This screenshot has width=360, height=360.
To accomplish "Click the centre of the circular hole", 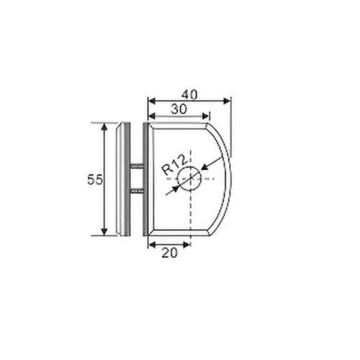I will (x=191, y=178).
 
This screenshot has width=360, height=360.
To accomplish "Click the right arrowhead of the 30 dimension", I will (x=207, y=114).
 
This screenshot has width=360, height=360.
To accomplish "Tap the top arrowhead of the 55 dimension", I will (x=105, y=127).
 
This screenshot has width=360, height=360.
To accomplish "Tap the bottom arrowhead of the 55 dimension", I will (x=105, y=232).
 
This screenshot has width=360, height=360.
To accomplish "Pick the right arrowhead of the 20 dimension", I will (x=188, y=243).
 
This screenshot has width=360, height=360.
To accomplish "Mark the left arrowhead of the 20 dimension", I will (x=150, y=243).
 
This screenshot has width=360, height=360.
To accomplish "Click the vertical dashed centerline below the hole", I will (x=191, y=212).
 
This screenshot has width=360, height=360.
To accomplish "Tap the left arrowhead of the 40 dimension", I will (x=150, y=100).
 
